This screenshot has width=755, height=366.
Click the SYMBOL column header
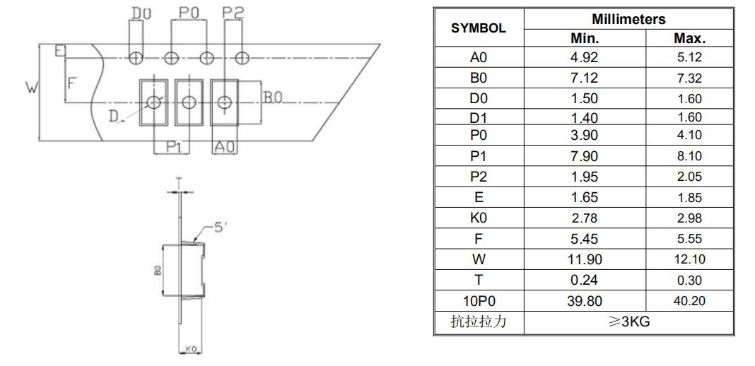click(478, 28)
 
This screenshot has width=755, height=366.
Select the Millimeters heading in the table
click(628, 19)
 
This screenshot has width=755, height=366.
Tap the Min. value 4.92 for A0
click(584, 57)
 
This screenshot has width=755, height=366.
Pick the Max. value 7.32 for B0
click(689, 78)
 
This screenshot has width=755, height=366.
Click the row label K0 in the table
click(478, 218)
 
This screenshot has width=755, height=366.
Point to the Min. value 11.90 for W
click(584, 260)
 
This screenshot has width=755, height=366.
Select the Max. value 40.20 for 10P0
click(689, 301)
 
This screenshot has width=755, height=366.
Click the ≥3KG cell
click(629, 321)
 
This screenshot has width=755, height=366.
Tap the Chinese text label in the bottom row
click(478, 321)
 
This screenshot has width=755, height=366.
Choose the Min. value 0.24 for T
click(584, 281)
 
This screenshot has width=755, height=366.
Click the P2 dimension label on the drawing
click(233, 13)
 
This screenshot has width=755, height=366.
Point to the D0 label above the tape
click(141, 14)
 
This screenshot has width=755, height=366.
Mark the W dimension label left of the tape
click(31, 88)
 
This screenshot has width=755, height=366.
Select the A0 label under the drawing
click(225, 147)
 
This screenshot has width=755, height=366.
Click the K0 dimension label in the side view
click(191, 348)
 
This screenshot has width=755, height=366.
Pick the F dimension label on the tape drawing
click(71, 83)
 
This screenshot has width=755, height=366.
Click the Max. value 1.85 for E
click(689, 198)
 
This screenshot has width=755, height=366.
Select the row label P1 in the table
click(478, 156)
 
